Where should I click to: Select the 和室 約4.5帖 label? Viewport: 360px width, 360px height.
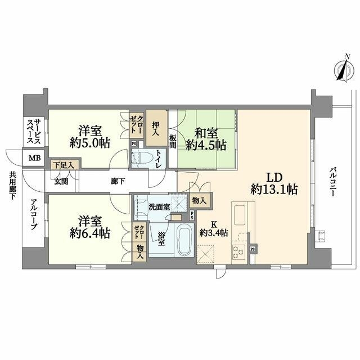[210, 139]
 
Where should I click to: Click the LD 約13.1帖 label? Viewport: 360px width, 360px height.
[274, 182]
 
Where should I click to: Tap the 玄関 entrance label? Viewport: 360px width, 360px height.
[61, 182]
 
